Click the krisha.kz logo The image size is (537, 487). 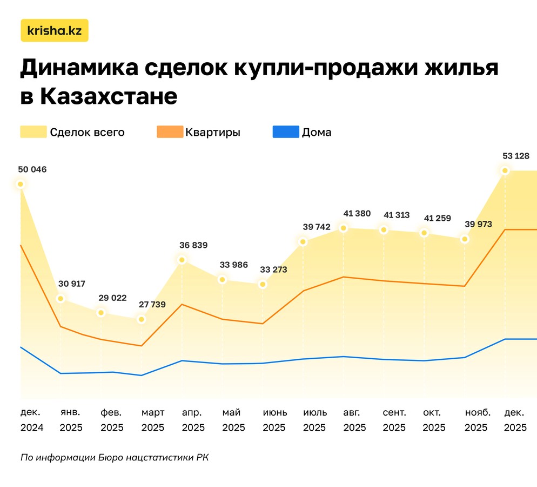(54, 31)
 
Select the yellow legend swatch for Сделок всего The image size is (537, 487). (33, 132)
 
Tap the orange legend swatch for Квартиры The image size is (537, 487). (170, 132)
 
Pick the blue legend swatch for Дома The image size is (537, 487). (286, 132)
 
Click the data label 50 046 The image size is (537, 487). (32, 169)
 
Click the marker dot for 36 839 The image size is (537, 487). (182, 260)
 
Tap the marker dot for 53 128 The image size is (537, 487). (505, 171)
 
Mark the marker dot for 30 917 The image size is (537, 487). (61, 298)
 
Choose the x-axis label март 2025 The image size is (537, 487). (153, 420)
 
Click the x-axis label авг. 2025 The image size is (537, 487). (355, 420)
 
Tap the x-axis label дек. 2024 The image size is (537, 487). (32, 420)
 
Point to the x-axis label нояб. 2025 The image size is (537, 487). (476, 420)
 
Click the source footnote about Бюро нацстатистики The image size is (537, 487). (114, 457)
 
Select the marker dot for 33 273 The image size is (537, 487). (263, 284)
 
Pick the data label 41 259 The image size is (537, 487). (437, 218)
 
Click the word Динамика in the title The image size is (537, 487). (79, 69)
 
